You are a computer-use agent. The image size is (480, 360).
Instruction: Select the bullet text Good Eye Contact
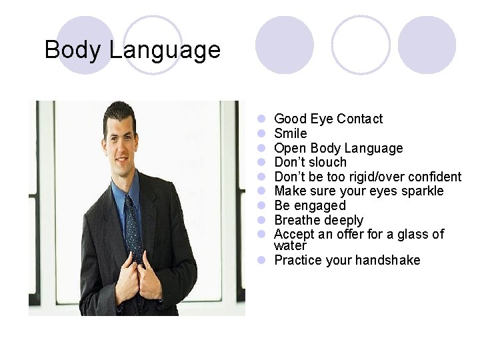[328, 119]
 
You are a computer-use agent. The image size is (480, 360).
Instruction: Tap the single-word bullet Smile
[291, 133]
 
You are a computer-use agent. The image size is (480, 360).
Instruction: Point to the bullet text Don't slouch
[310, 162]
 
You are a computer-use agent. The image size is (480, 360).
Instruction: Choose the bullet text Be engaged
[310, 205]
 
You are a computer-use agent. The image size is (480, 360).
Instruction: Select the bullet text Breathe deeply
[319, 220]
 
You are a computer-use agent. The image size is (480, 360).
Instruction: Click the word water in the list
[290, 246]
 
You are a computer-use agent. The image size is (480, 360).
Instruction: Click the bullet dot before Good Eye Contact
[263, 119]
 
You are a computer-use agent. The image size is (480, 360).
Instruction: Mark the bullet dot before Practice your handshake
[263, 260]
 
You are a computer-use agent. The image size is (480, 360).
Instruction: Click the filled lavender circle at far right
[427, 45]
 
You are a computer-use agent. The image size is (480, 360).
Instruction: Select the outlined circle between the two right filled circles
[361, 45]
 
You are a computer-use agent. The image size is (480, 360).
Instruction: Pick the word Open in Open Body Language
[289, 148]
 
